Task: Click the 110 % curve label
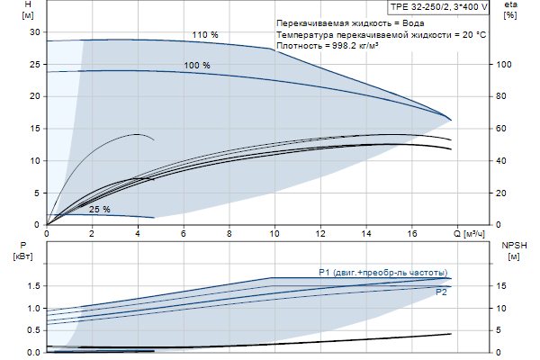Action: click(x=205, y=35)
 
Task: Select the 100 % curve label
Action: click(x=197, y=66)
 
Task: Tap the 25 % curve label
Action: click(x=99, y=210)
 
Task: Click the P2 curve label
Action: click(x=441, y=292)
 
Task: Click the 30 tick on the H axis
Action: click(x=37, y=32)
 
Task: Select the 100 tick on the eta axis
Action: click(x=505, y=65)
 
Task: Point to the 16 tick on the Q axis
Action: click(x=412, y=235)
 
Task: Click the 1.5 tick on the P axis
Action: click(x=34, y=286)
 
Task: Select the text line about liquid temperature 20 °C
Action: click(x=382, y=33)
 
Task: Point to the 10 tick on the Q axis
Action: click(x=274, y=235)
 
